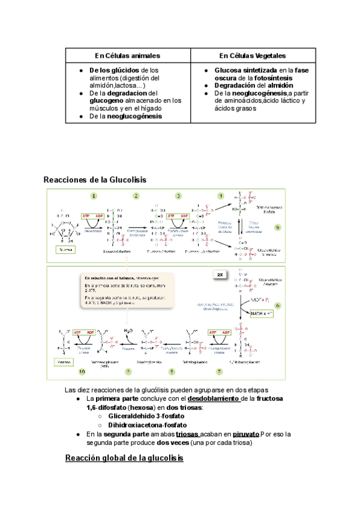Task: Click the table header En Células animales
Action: click(x=127, y=55)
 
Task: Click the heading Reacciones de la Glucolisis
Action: click(x=95, y=179)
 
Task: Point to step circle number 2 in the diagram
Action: click(x=136, y=196)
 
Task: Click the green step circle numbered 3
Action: click(x=178, y=196)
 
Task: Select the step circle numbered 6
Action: click(x=278, y=306)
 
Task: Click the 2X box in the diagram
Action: click(x=220, y=274)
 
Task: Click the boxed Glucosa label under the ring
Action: click(x=64, y=248)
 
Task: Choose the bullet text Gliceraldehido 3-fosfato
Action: click(x=143, y=415)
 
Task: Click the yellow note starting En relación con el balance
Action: click(x=125, y=291)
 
